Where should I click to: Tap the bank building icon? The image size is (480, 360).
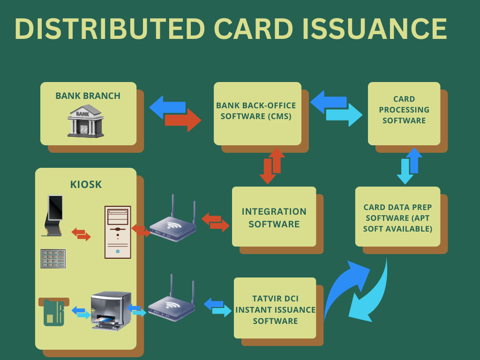tap(85, 120)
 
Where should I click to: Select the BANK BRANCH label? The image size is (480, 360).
tap(88, 96)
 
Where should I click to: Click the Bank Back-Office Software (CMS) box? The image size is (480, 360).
tap(257, 112)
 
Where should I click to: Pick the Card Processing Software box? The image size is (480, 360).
tap(404, 112)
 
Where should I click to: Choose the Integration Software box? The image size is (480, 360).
tap(274, 217)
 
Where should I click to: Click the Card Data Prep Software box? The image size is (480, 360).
tap(397, 217)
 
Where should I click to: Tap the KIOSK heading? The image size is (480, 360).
tap(86, 184)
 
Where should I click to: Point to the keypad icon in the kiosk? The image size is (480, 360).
tap(53, 259)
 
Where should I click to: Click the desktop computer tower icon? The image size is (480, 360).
tap(117, 232)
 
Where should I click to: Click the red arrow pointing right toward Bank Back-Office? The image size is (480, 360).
tap(182, 120)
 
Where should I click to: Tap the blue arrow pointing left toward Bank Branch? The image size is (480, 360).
tap(167, 107)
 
